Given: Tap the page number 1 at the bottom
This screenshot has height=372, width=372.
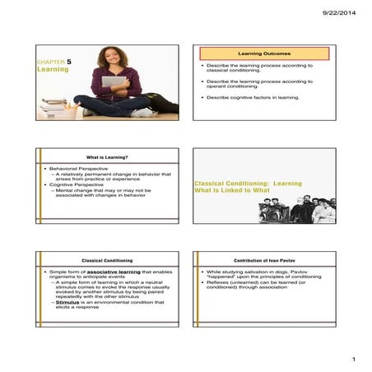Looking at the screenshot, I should [x=351, y=360].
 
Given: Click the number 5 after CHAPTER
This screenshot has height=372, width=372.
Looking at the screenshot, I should [x=69, y=62].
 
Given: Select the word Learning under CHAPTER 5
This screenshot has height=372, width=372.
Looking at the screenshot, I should [x=53, y=71].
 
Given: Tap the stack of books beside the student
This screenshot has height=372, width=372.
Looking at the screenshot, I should [x=56, y=106].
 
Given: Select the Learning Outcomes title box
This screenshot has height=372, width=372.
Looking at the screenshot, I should [x=263, y=53].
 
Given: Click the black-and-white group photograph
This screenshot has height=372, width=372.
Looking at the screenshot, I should [x=297, y=210].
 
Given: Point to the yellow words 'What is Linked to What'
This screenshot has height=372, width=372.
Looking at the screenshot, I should [x=231, y=190].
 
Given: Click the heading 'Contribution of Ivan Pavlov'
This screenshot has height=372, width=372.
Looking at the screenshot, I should [x=265, y=260].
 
